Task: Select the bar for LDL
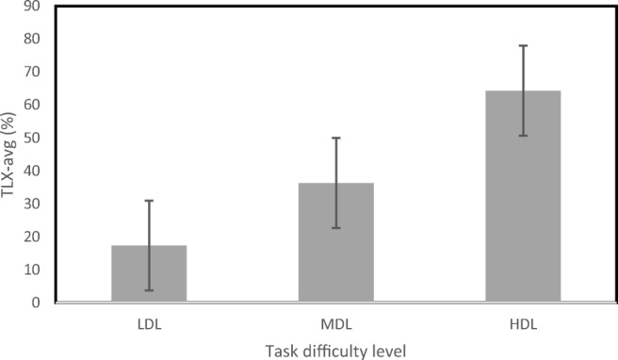tap(149, 273)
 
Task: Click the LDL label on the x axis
tap(149, 324)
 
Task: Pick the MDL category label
tap(336, 324)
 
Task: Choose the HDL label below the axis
tap(523, 324)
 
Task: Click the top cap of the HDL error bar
tap(523, 45)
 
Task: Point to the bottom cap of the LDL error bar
tap(149, 290)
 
